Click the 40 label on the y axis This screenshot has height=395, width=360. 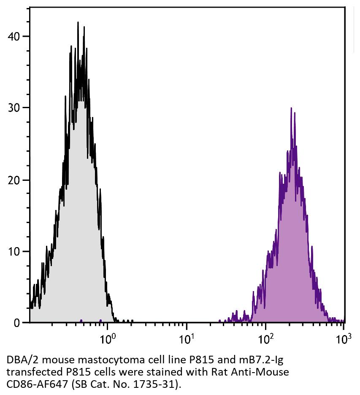click(x=14, y=36)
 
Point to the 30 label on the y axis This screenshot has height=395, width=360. click(x=14, y=108)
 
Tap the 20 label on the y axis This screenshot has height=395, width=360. click(x=14, y=180)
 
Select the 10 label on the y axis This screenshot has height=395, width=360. click(x=14, y=251)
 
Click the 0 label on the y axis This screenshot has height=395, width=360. click(x=17, y=323)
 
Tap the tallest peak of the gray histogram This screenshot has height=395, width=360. click(x=78, y=22)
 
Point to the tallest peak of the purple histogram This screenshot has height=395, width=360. click(x=291, y=108)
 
